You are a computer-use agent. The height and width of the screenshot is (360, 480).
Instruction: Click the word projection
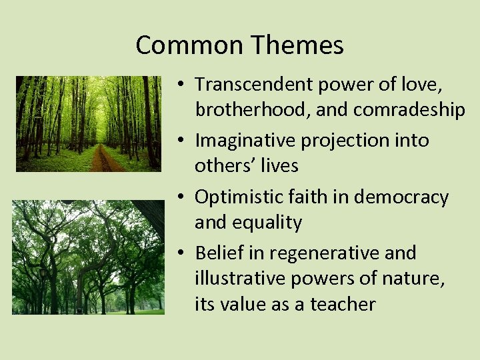347,141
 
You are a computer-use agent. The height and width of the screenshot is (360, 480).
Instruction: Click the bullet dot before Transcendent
181,85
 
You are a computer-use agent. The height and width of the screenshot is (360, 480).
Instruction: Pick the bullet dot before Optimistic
181,198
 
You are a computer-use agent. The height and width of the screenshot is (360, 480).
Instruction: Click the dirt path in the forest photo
103,160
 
